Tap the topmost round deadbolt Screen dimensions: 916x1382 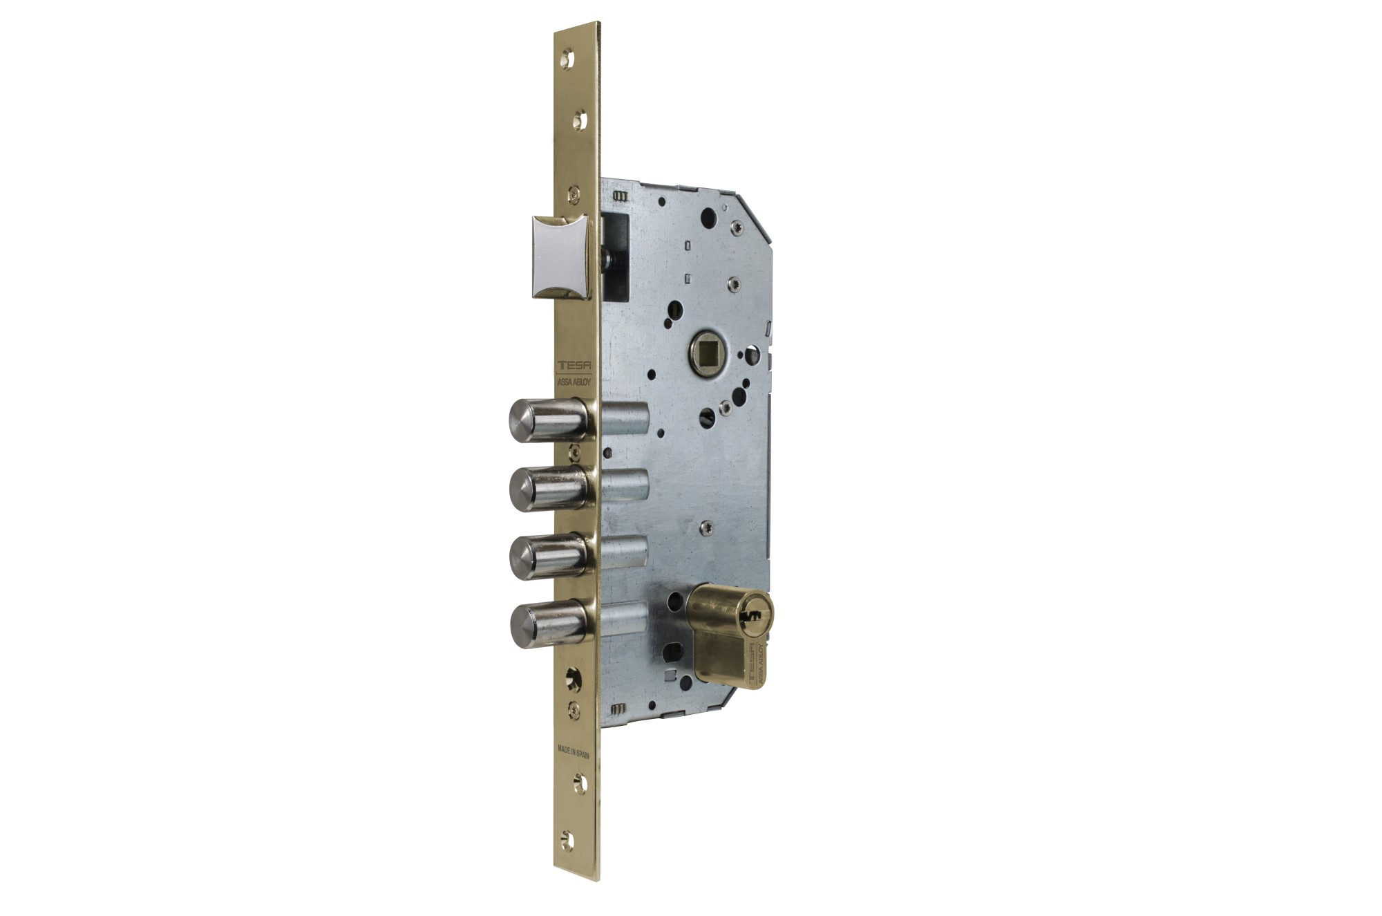click(546, 420)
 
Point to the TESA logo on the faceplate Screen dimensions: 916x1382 click(574, 366)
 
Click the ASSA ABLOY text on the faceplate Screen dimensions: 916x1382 click(574, 382)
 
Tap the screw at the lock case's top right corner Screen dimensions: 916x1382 click(737, 228)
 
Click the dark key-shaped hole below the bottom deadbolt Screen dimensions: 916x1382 click(573, 680)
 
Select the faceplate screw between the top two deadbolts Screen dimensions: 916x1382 click(574, 453)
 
